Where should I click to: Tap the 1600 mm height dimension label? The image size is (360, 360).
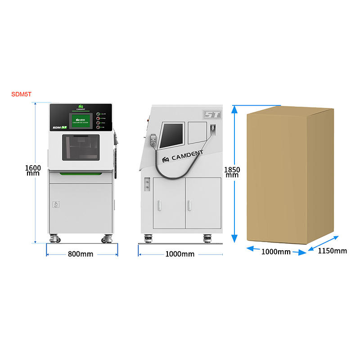(33, 171)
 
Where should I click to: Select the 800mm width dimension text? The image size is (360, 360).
(81, 254)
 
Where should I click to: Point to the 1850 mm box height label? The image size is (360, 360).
(232, 172)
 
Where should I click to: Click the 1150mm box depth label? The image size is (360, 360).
(332, 251)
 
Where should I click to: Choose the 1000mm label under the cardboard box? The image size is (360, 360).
(276, 252)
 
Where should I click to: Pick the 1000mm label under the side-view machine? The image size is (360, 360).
(180, 254)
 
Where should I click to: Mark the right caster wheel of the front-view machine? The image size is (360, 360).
(108, 238)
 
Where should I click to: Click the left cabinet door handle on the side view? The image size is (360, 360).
(158, 205)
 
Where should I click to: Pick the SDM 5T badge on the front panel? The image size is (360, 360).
(60, 127)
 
